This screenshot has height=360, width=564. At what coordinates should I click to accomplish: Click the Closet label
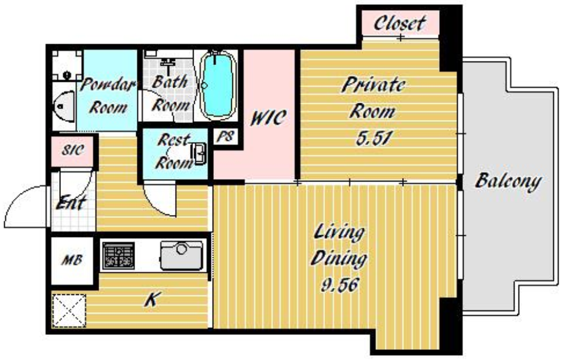pyautogui.click(x=400, y=23)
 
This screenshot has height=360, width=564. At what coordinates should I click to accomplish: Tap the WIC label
pyautogui.click(x=268, y=118)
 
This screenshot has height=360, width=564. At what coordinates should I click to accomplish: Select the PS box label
pyautogui.click(x=225, y=136)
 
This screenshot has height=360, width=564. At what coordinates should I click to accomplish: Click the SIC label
pyautogui.click(x=73, y=150)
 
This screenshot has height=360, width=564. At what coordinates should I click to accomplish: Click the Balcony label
pyautogui.click(x=508, y=181)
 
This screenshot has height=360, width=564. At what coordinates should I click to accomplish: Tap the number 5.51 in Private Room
pyautogui.click(x=374, y=138)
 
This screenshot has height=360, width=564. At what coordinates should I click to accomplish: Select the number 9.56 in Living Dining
pyautogui.click(x=340, y=285)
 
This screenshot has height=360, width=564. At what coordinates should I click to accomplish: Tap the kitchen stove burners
pyautogui.click(x=118, y=256)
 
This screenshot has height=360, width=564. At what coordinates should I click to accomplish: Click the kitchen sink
pyautogui.click(x=182, y=255)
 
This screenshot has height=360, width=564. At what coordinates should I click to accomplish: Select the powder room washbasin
pyautogui.click(x=64, y=106)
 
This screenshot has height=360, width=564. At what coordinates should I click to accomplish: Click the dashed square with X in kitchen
pyautogui.click(x=69, y=311)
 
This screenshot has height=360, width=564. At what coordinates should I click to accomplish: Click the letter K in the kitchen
pyautogui.click(x=152, y=299)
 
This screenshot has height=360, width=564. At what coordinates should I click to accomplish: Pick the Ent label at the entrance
pyautogui.click(x=71, y=202)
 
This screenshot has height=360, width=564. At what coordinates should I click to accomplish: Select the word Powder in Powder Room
pyautogui.click(x=108, y=85)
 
